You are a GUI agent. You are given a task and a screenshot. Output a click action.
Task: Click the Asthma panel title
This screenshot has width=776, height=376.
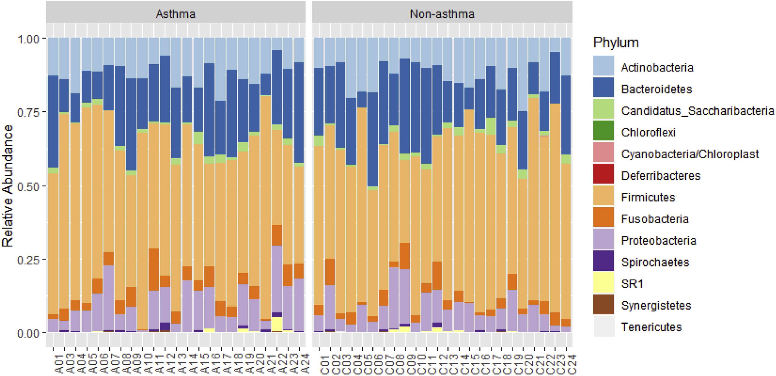point(176,14)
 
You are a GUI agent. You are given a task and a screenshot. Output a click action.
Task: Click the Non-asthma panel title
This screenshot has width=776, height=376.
point(442,14)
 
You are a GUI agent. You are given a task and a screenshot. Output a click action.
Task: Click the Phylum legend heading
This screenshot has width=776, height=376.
point(616,43)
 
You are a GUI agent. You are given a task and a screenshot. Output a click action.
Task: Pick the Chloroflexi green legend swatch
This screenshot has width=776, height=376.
point(603,130)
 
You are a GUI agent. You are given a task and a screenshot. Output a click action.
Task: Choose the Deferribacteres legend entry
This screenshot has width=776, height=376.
point(661,176)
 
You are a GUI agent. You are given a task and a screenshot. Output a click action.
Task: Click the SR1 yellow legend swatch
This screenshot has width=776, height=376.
point(603,283)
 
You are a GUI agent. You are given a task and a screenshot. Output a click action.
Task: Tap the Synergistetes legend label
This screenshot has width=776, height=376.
point(656,305)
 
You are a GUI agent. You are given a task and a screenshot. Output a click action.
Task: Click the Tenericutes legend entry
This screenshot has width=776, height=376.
point(651,327)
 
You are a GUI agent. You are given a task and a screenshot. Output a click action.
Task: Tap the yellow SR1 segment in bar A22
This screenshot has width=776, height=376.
point(277,324)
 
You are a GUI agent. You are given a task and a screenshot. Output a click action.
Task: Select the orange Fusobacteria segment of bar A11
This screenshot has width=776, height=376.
point(154,269)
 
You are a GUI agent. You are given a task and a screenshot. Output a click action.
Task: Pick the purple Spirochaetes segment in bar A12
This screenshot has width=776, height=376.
point(165,326)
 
